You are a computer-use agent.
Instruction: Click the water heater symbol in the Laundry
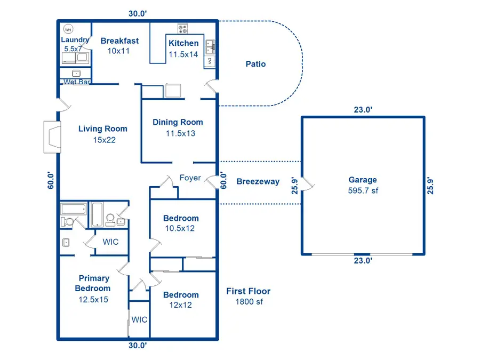click(68, 29)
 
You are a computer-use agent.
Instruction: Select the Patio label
click(255, 64)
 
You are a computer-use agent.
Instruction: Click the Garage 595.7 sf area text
click(363, 190)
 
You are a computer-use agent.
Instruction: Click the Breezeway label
click(258, 181)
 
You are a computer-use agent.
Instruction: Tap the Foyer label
click(190, 178)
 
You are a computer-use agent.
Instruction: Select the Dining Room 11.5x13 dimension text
click(178, 133)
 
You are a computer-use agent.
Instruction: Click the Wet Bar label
click(76, 82)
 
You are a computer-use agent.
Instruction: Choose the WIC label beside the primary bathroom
click(110, 242)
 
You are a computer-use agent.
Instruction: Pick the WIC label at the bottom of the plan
click(139, 319)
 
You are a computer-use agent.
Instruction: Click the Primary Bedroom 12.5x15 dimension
click(94, 299)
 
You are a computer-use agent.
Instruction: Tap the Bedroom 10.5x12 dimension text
click(181, 228)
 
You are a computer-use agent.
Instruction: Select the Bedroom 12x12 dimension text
click(181, 305)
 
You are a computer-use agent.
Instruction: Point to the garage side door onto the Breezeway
click(308, 185)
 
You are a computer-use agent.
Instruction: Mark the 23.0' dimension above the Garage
click(363, 110)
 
